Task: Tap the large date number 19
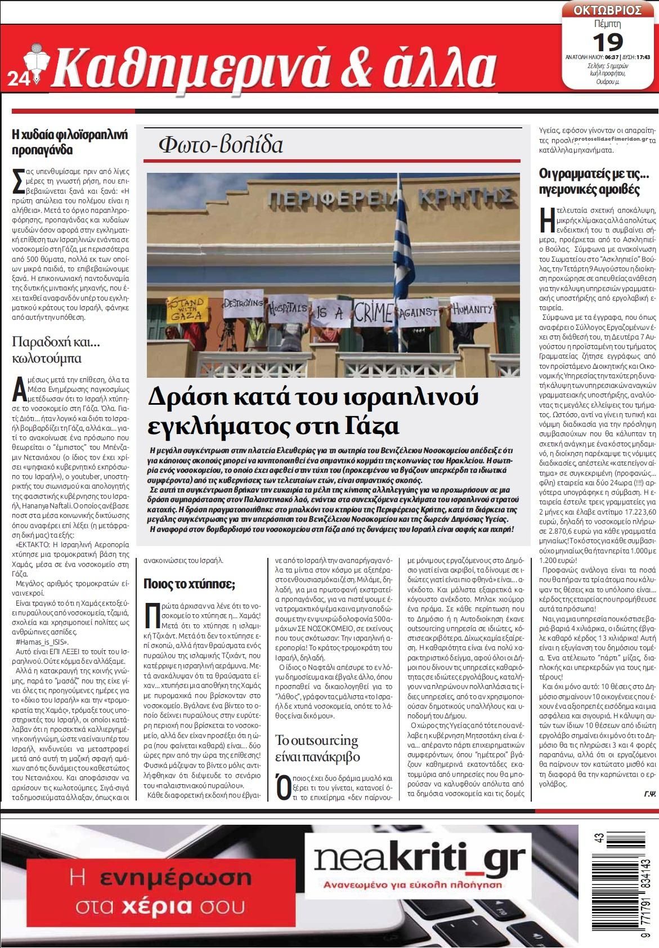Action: (x=607, y=41)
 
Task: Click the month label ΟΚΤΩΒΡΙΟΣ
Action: (x=608, y=10)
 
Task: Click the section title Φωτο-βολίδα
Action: (x=221, y=145)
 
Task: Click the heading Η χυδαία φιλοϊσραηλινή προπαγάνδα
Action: (x=70, y=142)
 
